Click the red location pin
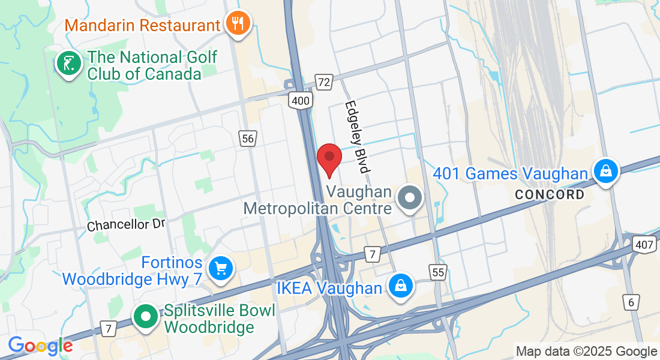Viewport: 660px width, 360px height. (x=329, y=157)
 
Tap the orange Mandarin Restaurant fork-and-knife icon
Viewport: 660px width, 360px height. (x=238, y=23)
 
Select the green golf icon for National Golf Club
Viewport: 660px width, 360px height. (x=69, y=63)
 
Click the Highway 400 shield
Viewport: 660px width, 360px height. (x=299, y=100)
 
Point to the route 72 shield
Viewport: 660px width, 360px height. (x=324, y=82)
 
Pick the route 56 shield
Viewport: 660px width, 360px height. (x=247, y=139)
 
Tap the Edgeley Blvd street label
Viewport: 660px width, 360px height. (x=355, y=137)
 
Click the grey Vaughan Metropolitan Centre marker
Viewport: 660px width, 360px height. (x=411, y=197)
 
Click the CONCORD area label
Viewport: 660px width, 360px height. (x=550, y=195)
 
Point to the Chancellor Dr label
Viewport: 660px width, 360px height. (x=125, y=225)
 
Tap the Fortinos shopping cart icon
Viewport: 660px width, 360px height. (x=220, y=268)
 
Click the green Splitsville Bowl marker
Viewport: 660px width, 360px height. (x=145, y=317)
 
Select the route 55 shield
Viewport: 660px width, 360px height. (x=437, y=272)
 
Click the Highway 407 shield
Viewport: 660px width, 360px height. (x=643, y=243)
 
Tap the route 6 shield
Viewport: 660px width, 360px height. (x=631, y=302)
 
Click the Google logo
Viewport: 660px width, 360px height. (x=40, y=346)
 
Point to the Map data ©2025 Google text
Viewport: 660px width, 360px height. (x=587, y=352)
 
